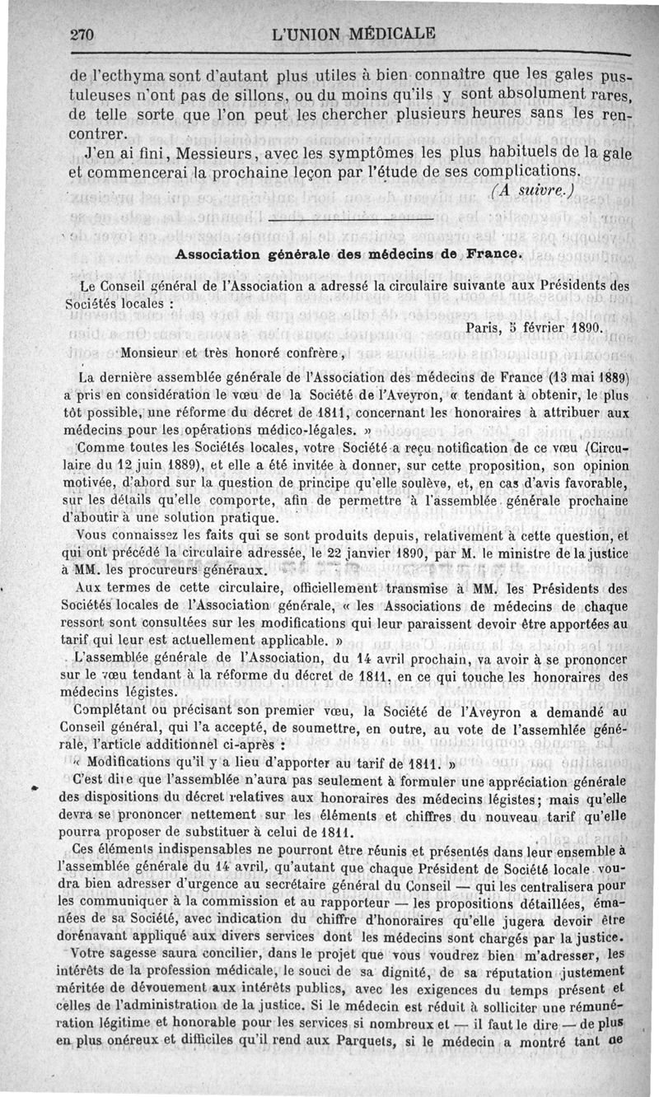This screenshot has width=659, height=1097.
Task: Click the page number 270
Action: (x=84, y=35)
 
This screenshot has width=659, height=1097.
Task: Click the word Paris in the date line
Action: (x=484, y=327)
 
